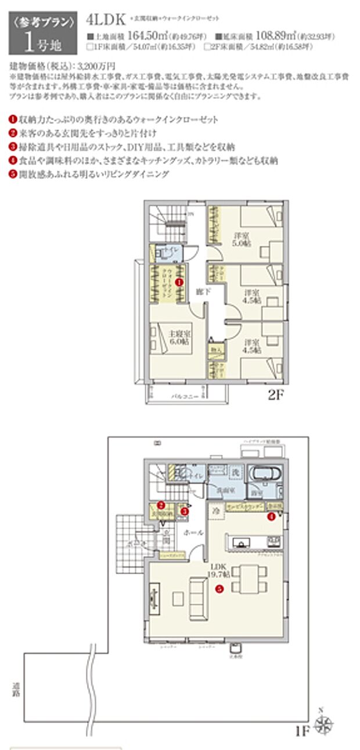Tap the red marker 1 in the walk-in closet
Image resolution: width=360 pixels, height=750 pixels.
179,281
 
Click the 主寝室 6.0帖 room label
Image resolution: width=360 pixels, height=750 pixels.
178,338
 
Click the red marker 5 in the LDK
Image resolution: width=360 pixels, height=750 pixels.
219,588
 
